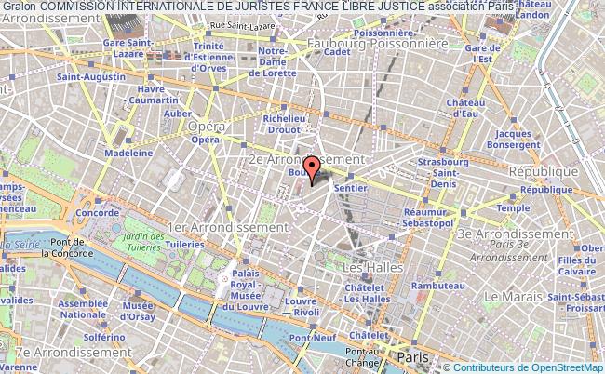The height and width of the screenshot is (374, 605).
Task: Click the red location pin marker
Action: [312, 167]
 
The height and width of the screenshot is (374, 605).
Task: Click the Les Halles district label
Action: [367, 268]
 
